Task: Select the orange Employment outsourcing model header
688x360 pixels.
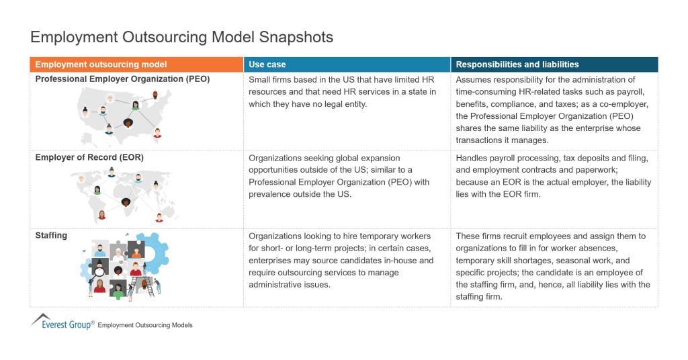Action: tap(101, 64)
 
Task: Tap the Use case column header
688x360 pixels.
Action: tap(267, 64)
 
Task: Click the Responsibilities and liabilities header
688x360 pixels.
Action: tap(517, 64)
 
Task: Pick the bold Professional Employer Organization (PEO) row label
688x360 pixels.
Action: tap(122, 79)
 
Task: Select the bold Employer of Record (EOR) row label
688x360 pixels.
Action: tap(89, 158)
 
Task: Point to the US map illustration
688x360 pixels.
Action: tap(121, 114)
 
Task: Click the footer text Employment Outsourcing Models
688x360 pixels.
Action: tap(145, 325)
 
